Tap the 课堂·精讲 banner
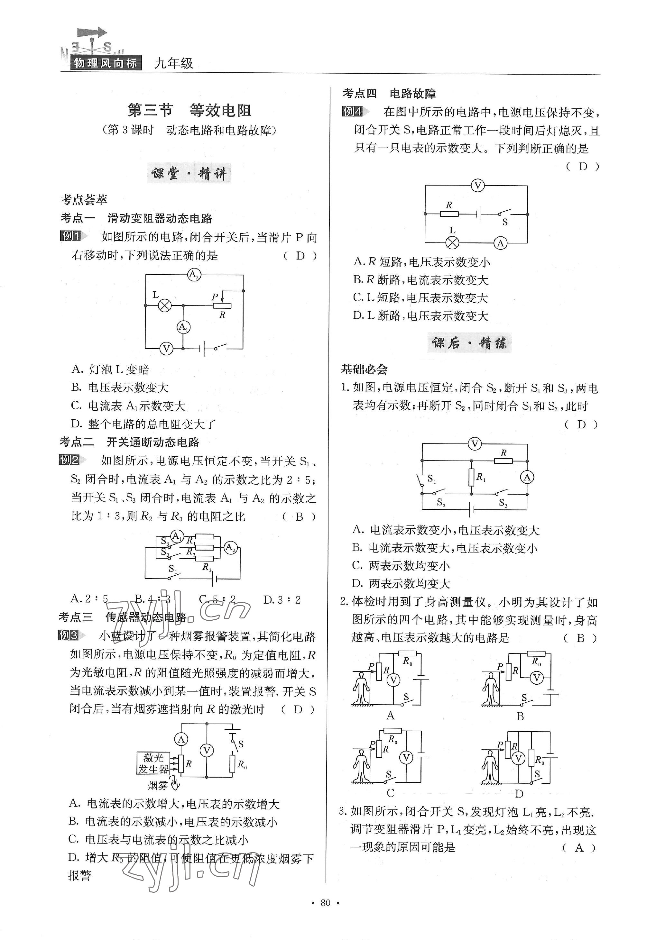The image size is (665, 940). pos(189,174)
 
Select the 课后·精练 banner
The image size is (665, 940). pos(469,343)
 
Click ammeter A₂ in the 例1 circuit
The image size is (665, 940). pos(194,275)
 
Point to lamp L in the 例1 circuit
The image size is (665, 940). pos(165,306)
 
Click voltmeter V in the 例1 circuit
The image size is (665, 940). pos(166,349)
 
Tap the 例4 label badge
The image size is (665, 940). pos(353,111)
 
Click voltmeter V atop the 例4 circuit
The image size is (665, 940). pos(477,186)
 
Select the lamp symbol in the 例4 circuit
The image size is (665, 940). pos(452,242)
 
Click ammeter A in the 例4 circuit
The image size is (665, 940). pos(500,243)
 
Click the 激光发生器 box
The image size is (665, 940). pos(153,763)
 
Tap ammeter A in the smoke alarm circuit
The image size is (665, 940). pos(181,739)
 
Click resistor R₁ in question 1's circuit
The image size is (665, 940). pos(471,477)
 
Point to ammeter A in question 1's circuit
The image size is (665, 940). pos(527,477)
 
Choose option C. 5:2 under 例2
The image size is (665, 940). pos(217,600)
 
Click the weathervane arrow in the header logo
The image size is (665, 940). pos(92,33)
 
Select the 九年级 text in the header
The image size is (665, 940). pos(173,63)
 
